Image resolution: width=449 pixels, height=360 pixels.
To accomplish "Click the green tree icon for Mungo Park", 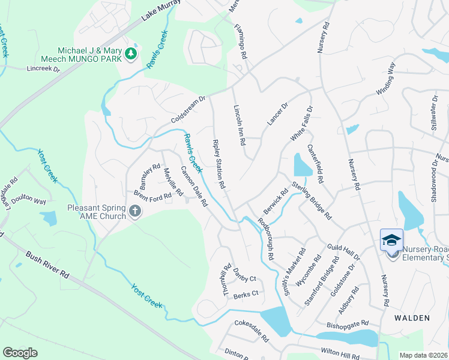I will [x=131, y=55].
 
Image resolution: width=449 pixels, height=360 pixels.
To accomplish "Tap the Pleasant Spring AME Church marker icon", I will [x=135, y=211].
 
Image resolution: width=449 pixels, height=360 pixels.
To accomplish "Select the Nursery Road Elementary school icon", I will [x=391, y=241].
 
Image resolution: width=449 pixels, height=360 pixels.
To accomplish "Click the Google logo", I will [x=20, y=352].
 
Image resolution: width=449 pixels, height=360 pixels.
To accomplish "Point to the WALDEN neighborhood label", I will [x=411, y=317].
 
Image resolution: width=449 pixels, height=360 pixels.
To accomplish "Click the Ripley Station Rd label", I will [x=218, y=165].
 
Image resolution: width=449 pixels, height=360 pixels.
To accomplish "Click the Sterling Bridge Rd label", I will [x=312, y=200].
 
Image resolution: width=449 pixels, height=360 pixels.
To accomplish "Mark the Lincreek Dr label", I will [x=43, y=69].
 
